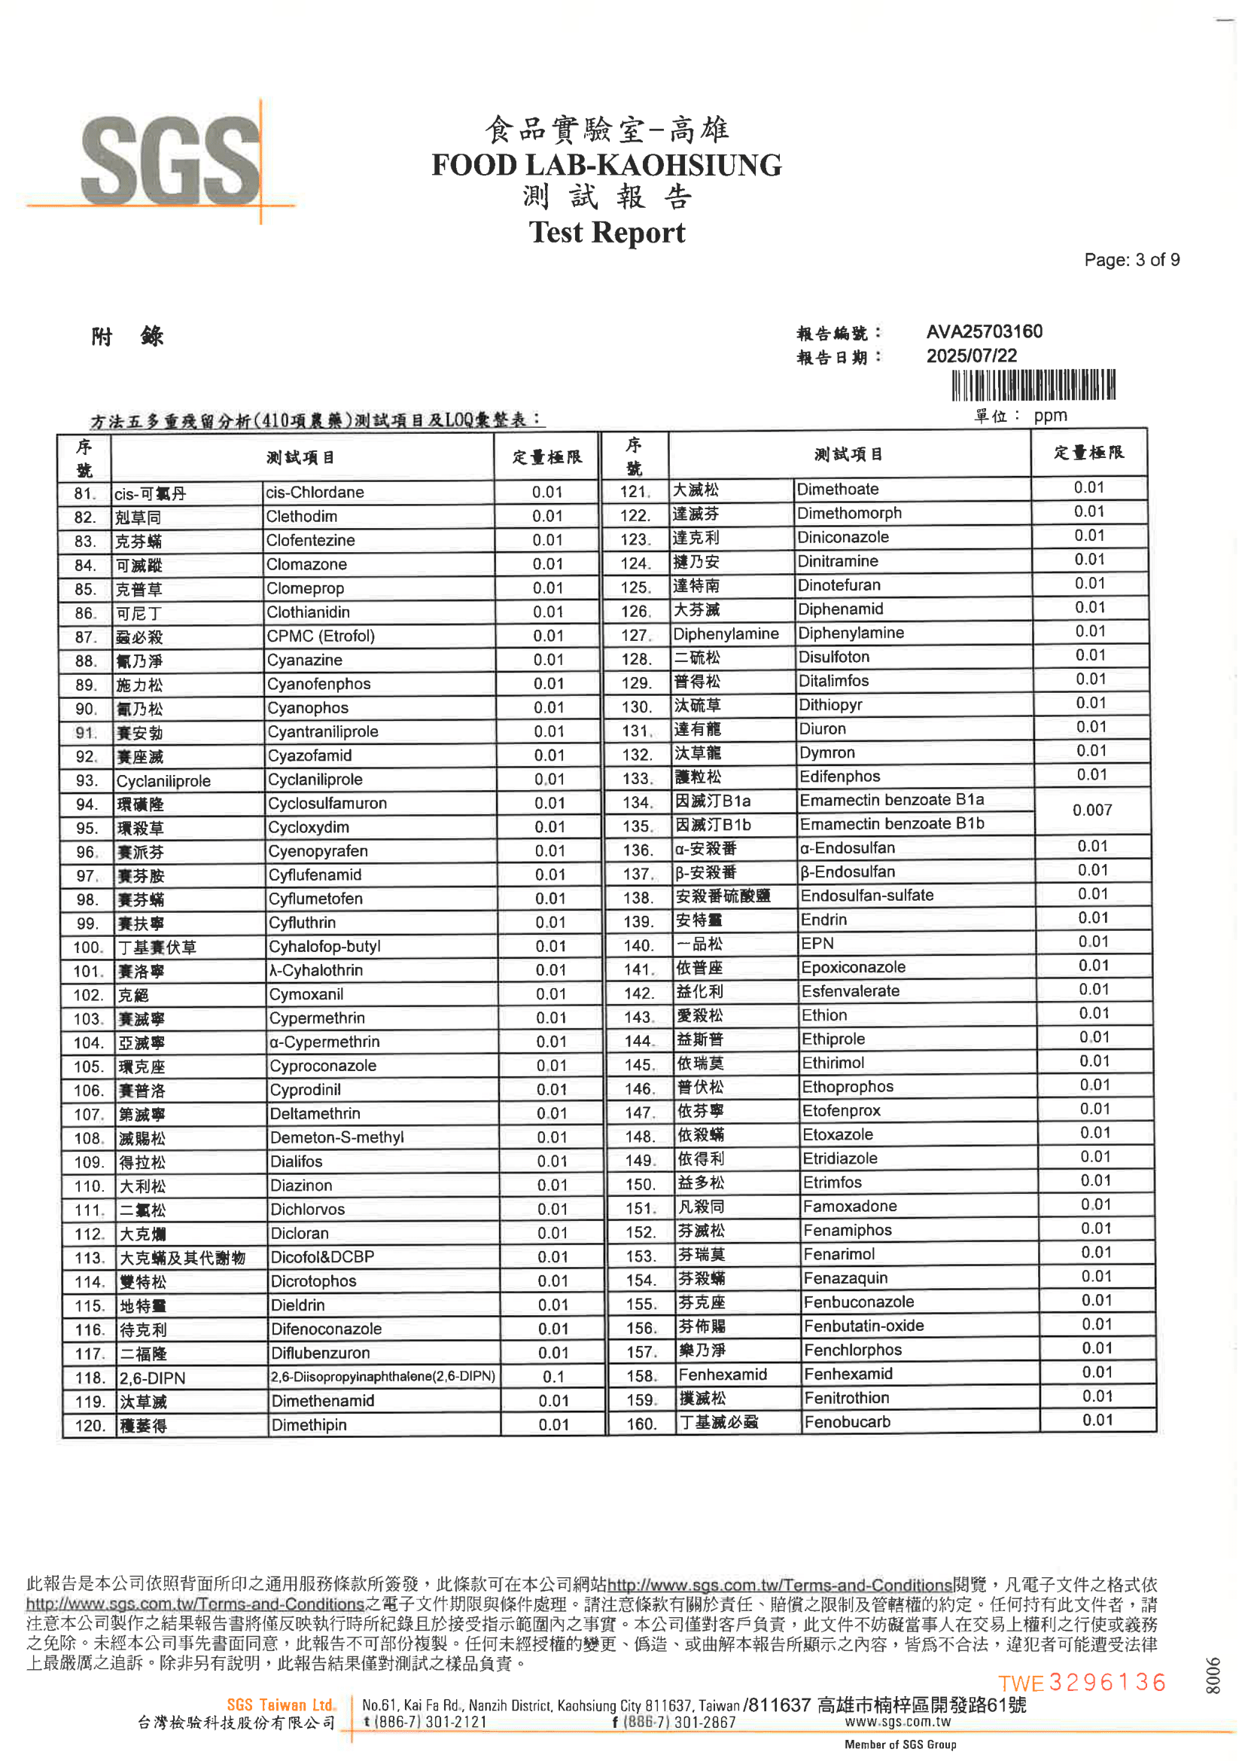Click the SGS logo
point(170,161)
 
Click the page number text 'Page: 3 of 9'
point(1131,260)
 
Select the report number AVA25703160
point(984,331)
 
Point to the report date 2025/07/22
point(971,356)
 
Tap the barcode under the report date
point(1033,385)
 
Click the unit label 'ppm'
point(1049,416)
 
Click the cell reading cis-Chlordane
point(315,493)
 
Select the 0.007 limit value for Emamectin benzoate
point(1091,810)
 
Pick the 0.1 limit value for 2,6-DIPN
point(552,1377)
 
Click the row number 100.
point(87,948)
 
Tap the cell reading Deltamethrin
point(315,1114)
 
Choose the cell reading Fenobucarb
point(847,1422)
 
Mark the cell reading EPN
point(817,943)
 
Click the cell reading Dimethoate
point(837,490)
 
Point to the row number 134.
point(637,803)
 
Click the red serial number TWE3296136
point(1082,1683)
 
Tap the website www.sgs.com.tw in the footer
point(897,1722)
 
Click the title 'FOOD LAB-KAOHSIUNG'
point(607,165)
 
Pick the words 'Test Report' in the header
point(607,233)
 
